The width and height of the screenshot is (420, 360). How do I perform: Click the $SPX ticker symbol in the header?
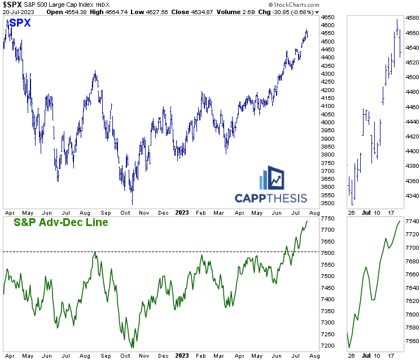coord(12,5)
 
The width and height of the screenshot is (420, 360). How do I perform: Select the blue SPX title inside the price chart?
coord(20,23)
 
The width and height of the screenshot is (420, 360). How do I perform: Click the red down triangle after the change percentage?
coord(317,12)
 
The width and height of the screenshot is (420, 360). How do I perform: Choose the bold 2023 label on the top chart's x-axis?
coord(182,213)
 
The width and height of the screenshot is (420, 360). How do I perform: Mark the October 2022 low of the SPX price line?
coord(132,204)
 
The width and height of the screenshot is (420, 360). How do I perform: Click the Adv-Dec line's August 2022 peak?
coord(95,252)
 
